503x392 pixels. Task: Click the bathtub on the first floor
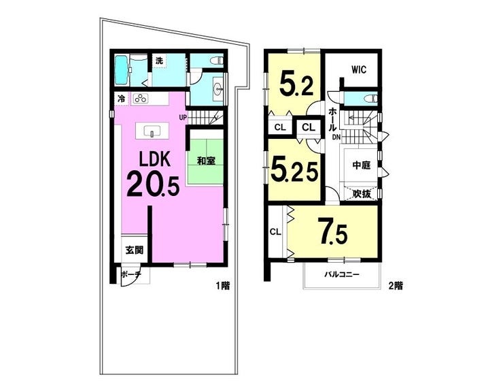[121, 70]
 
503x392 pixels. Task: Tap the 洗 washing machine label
[159, 61]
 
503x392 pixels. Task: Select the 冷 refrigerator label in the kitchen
[121, 99]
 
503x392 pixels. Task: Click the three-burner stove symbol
[141, 98]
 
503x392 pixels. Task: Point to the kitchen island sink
[152, 131]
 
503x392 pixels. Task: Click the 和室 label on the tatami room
[206, 161]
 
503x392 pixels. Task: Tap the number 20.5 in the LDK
[153, 184]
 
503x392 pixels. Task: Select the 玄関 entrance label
[134, 249]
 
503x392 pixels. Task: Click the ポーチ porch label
[131, 274]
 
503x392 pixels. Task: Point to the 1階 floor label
[222, 285]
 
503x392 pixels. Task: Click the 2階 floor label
[395, 285]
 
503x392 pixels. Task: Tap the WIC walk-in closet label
[359, 69]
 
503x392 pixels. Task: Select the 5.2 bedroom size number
[297, 83]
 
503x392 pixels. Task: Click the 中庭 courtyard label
[361, 165]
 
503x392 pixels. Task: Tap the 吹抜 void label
[362, 193]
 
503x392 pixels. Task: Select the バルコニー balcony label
[341, 274]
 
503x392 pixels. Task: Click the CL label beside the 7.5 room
[275, 231]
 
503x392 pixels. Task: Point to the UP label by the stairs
[183, 117]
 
